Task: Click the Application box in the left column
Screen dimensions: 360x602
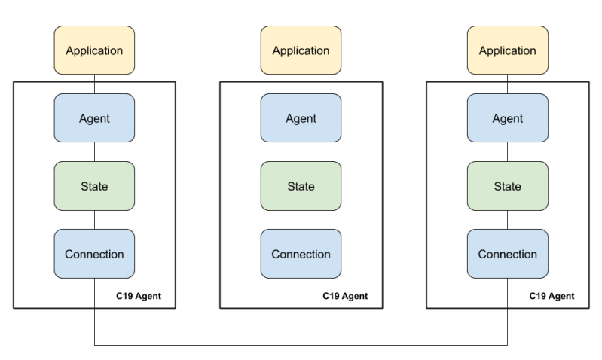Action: point(94,51)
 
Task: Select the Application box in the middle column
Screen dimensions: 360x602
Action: point(301,51)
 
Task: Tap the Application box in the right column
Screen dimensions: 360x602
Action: point(507,51)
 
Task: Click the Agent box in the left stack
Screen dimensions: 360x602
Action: point(94,118)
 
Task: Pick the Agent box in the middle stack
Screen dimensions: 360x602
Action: point(301,118)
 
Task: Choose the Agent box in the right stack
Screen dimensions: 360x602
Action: point(507,118)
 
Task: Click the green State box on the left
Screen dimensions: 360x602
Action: point(94,186)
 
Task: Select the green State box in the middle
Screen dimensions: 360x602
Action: point(301,186)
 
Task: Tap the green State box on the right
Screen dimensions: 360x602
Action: point(507,186)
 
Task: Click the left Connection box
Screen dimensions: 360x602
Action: point(94,254)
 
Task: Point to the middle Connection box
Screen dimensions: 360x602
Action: point(301,254)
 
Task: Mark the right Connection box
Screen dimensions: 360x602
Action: point(507,254)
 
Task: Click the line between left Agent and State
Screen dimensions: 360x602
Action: point(94,151)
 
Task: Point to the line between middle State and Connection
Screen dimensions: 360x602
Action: point(301,220)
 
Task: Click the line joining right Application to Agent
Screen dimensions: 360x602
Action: point(507,84)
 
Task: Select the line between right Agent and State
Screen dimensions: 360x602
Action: point(507,151)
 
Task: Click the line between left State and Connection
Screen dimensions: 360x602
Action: point(94,220)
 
